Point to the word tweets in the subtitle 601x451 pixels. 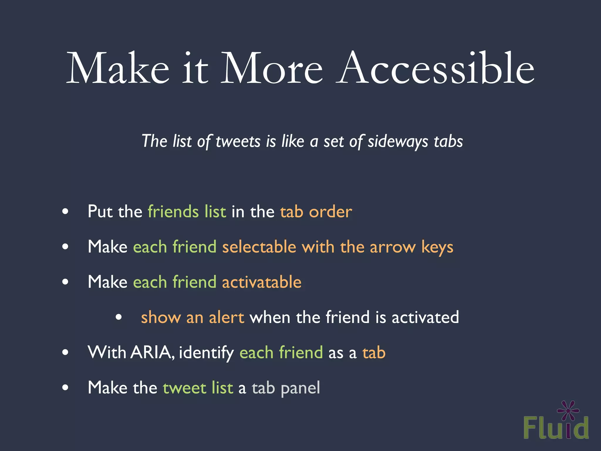pos(238,141)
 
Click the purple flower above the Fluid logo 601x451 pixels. pos(568,410)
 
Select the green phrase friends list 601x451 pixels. pos(187,211)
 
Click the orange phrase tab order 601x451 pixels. pos(316,211)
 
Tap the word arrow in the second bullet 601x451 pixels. pos(393,247)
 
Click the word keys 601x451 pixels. pos(437,247)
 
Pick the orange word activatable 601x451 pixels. pos(262,282)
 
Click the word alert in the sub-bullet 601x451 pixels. pos(226,317)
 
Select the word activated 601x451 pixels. pos(425,317)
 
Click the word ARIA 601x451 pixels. pos(151,352)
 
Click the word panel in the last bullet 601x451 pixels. pos(300,388)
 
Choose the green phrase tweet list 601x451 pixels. pos(198,388)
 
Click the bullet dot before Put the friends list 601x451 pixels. pos(65,211)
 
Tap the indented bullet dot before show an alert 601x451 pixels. pos(119,317)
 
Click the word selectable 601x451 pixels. pos(259,247)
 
